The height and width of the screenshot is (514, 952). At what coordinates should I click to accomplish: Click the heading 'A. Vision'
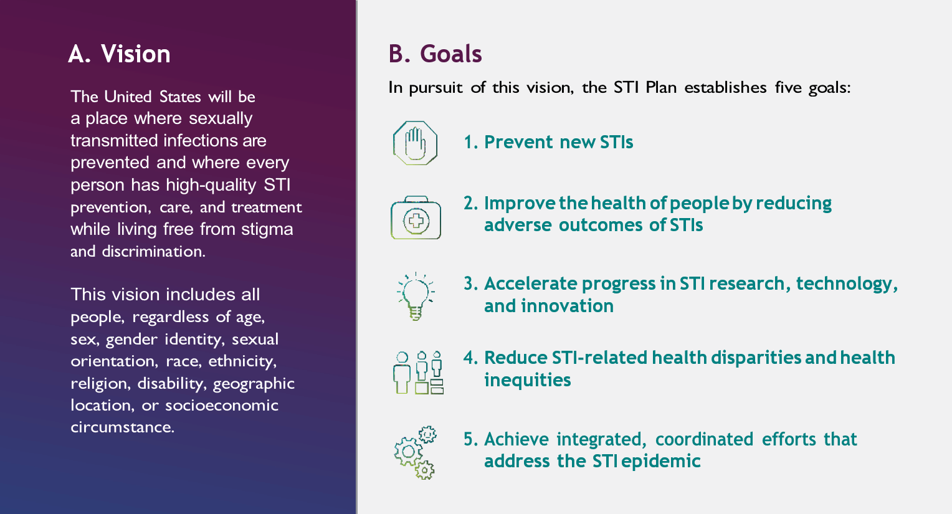point(119,54)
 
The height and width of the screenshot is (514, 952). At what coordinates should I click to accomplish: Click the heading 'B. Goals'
point(435,54)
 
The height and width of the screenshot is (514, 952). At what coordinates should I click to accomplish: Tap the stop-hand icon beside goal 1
point(415,143)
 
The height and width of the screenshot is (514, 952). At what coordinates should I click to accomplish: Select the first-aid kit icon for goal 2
point(416,218)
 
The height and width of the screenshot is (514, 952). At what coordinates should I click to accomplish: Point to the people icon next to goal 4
point(418,372)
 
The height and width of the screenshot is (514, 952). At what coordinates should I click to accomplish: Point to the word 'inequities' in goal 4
point(527,380)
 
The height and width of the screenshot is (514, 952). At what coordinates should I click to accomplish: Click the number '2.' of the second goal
point(470,203)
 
